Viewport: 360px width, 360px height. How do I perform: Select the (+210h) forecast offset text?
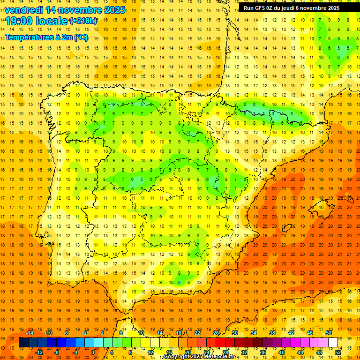pyautogui.click(x=84, y=21)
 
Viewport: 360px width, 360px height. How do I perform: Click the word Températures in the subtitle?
pyautogui.click(x=29, y=37)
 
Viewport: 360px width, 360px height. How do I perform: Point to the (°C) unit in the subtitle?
pyautogui.click(x=81, y=37)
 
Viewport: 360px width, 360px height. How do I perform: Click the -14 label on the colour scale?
pyautogui.click(x=30, y=333)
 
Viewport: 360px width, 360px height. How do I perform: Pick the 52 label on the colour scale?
pyautogui.click(x=338, y=352)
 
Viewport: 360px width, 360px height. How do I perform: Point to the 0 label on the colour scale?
pyautogui.click(x=93, y=352)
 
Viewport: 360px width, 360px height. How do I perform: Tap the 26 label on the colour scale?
pyautogui.click(x=216, y=333)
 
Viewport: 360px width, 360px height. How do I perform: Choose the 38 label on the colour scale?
pyautogui.click(x=272, y=333)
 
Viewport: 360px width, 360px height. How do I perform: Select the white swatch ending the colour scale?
pyautogui.click(x=333, y=343)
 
